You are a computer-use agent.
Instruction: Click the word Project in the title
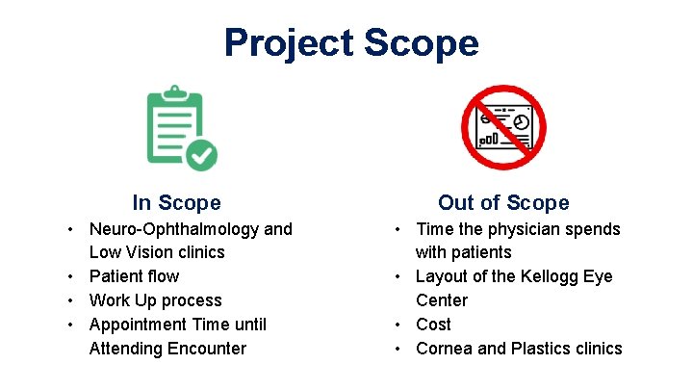coord(288,43)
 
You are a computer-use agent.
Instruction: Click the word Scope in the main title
coord(421,43)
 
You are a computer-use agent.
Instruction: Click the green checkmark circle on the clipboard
coord(201,154)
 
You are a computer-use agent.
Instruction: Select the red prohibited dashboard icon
coord(503,127)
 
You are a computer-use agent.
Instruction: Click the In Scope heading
coord(176,202)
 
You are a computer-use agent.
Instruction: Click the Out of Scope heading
coord(503,202)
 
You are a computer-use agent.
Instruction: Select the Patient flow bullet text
coord(134,276)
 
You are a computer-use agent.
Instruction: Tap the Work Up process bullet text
coord(155,300)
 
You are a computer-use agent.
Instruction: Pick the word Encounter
coord(208,349)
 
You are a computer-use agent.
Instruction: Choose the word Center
coord(441,300)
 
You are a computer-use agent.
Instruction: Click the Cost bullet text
coord(433,325)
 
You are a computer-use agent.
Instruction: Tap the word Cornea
coord(444,349)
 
